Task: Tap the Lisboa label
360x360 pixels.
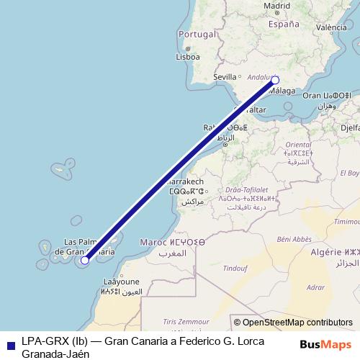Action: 187,56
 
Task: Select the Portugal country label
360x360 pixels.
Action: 197,34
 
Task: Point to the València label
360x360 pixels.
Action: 331,27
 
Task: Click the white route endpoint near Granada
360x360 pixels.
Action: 274,81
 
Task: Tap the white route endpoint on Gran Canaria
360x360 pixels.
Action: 85,260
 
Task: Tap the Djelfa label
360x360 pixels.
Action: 350,127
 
